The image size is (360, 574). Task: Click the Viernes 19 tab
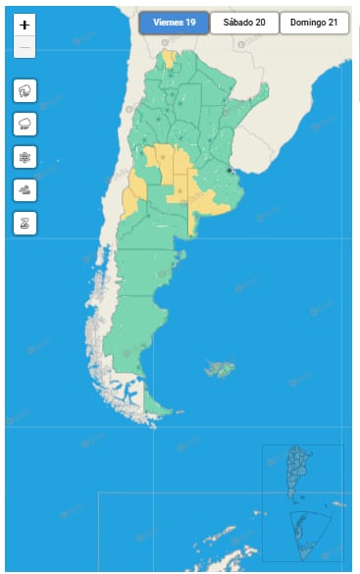click(x=174, y=24)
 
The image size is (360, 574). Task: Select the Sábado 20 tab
click(x=244, y=24)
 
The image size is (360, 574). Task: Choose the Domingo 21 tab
click(x=314, y=24)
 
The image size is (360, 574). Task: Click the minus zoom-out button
click(x=25, y=47)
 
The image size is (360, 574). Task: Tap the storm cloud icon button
click(x=25, y=91)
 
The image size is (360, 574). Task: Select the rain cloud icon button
click(x=25, y=124)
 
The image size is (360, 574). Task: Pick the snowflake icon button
click(x=25, y=157)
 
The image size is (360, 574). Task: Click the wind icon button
click(x=25, y=189)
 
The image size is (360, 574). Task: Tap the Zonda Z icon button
click(x=25, y=222)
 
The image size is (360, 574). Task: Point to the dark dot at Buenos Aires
click(x=230, y=170)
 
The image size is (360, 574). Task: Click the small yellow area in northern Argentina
click(x=169, y=58)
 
